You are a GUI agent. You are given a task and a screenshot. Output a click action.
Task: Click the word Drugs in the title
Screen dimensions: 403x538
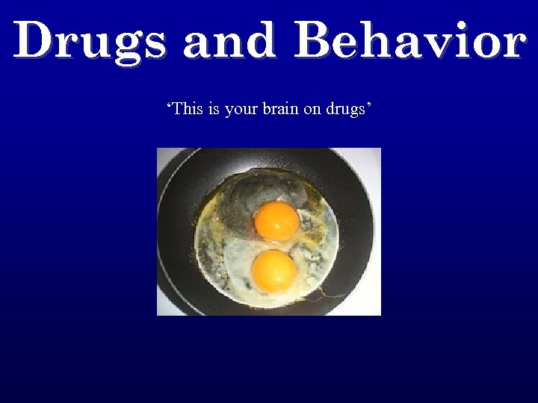click(x=90, y=41)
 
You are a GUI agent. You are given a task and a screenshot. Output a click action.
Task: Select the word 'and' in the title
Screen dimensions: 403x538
click(x=229, y=41)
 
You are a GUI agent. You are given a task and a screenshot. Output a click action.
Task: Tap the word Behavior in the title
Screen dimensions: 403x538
click(x=409, y=41)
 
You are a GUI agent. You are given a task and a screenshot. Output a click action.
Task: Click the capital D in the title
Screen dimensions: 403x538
click(x=33, y=41)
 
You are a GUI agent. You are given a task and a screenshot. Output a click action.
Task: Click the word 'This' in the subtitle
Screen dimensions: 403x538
click(x=187, y=109)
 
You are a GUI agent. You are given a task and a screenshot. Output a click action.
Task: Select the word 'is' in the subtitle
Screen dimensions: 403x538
click(x=214, y=109)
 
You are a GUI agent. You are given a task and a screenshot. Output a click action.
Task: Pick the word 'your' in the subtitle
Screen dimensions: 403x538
click(x=241, y=110)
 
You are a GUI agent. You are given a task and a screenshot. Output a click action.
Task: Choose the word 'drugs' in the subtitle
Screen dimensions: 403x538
click(x=345, y=110)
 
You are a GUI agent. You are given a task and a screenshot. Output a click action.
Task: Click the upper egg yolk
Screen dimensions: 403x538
click(x=276, y=222)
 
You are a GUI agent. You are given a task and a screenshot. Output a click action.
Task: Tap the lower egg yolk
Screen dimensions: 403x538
click(x=274, y=270)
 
